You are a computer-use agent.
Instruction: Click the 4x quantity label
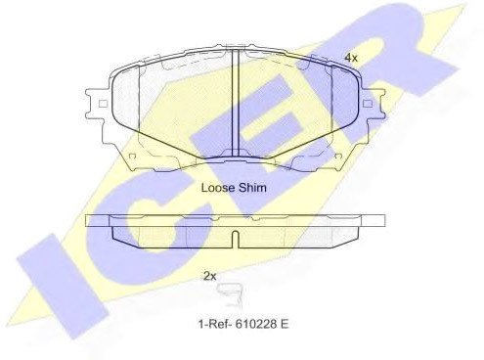point(351,58)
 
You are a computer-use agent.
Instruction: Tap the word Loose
point(218,188)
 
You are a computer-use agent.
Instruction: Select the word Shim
point(252,188)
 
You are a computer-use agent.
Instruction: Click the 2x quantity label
point(209,277)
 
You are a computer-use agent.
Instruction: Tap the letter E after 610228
point(285,324)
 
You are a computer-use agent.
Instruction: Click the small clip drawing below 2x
point(231,295)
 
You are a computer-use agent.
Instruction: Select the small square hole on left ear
point(103,104)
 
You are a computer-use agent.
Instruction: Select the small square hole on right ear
point(368,104)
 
